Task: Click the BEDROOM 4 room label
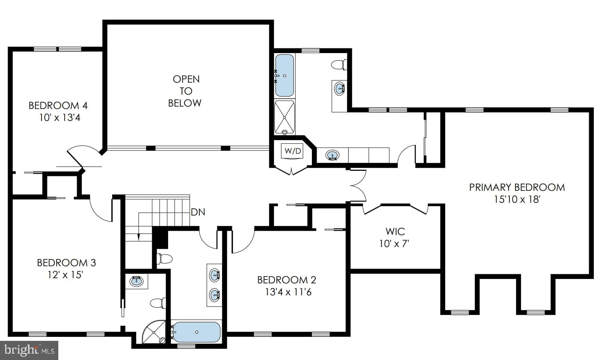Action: (x=58, y=106)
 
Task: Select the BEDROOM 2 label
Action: (x=286, y=280)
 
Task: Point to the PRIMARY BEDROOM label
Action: (x=517, y=187)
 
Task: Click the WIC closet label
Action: (x=395, y=231)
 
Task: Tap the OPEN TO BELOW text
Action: (x=185, y=91)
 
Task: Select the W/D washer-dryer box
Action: (x=293, y=151)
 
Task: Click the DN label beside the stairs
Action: (x=198, y=212)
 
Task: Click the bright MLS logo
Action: (x=29, y=350)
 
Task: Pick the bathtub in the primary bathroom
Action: (x=284, y=75)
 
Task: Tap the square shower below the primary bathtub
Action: (x=284, y=117)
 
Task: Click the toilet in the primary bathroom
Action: (x=339, y=64)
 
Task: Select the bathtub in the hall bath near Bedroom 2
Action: (x=196, y=332)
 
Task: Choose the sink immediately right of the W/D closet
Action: (x=332, y=155)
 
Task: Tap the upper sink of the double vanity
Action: (x=215, y=275)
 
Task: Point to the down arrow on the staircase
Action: (x=139, y=237)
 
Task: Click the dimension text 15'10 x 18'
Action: (x=517, y=199)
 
